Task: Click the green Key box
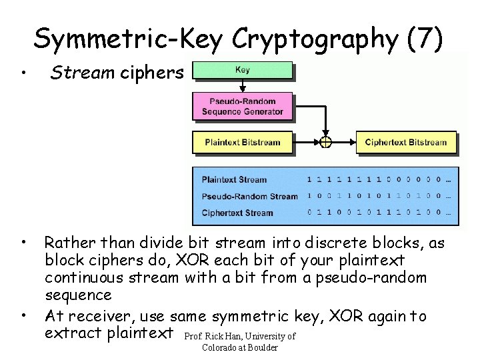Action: pyautogui.click(x=242, y=70)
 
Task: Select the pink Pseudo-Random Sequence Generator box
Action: pyautogui.click(x=242, y=106)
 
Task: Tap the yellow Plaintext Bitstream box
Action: pyautogui.click(x=242, y=142)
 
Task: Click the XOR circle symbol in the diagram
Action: pyautogui.click(x=325, y=142)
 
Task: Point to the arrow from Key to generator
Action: pyautogui.click(x=242, y=85)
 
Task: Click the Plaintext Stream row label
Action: pyautogui.click(x=233, y=179)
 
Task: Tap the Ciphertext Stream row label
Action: pyautogui.click(x=237, y=213)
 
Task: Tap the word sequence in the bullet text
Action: pyautogui.click(x=78, y=295)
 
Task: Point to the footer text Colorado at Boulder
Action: pyautogui.click(x=239, y=347)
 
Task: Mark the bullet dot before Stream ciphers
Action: pyautogui.click(x=23, y=73)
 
